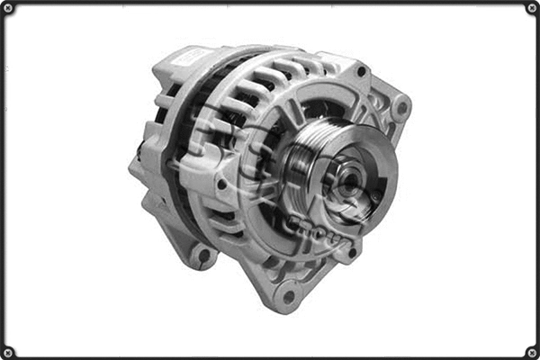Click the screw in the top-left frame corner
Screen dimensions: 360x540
tap(8, 8)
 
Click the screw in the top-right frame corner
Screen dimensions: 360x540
tap(531, 8)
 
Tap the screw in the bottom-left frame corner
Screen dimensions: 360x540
tap(8, 351)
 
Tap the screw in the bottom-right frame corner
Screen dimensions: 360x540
tap(531, 351)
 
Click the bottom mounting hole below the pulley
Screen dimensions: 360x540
tap(289, 294)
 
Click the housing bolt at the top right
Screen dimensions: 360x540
tap(361, 71)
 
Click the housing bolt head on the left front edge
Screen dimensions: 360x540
tap(220, 184)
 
